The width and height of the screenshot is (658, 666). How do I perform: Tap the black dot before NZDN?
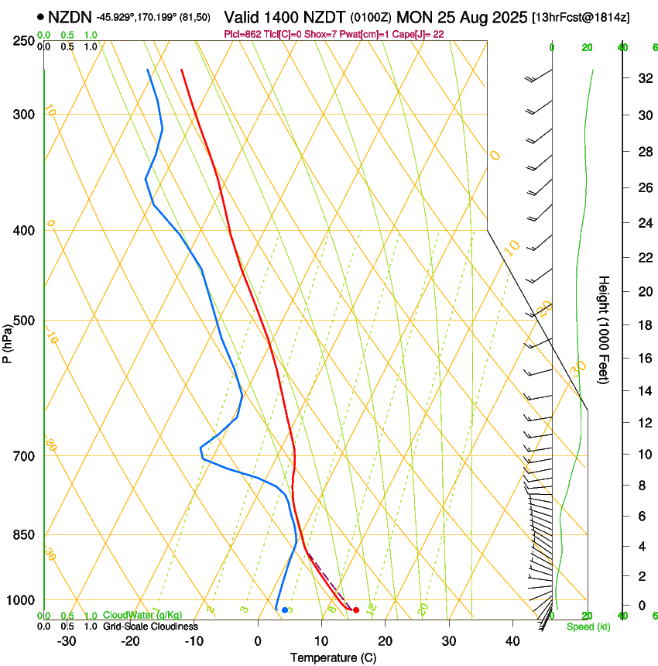coord(39,16)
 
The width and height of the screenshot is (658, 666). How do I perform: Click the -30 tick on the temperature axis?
coord(67,641)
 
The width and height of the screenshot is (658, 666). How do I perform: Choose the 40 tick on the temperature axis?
coord(512,641)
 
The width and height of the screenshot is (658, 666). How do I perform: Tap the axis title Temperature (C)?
coord(333,657)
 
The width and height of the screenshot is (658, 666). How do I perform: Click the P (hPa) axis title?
coord(7,341)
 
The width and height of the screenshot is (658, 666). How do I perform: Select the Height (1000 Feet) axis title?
coord(604,330)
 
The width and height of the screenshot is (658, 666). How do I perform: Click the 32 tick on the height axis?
coord(643,78)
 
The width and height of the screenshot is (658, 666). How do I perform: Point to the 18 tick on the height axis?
coord(643,325)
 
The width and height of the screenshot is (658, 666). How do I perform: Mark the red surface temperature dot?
coord(355,610)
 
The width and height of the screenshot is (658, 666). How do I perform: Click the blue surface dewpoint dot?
coord(285,610)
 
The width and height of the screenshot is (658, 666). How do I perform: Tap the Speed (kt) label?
coord(584,627)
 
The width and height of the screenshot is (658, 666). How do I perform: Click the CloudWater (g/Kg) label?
coord(142,616)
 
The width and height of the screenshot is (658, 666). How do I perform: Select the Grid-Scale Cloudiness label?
coord(150,627)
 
